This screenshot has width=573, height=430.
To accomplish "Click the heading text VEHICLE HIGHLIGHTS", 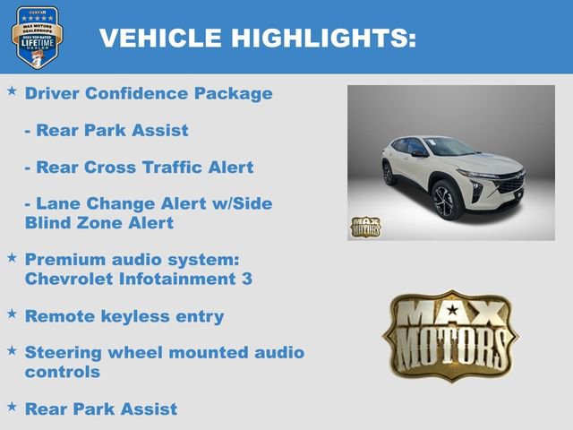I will pos(257,38).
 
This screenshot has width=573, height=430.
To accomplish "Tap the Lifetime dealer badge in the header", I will pos(37,37).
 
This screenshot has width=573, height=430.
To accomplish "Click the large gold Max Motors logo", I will pos(450,335).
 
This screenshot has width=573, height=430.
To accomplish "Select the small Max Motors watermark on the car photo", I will pos(365,227).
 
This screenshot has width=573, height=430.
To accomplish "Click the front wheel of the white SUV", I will pos(447,199).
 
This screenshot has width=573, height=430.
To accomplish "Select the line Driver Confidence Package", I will pos(149,93).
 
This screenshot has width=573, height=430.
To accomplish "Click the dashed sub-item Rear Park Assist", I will pos(107,131).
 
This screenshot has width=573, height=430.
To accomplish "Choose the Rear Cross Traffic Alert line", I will pos(139,168).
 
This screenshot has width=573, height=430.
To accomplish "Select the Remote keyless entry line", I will pos(124,316).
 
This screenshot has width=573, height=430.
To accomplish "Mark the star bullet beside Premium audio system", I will pos(12,258).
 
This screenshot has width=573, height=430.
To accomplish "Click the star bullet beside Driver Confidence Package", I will pos(12,91).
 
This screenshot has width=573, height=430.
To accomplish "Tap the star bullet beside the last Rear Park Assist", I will pos(12,407).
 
